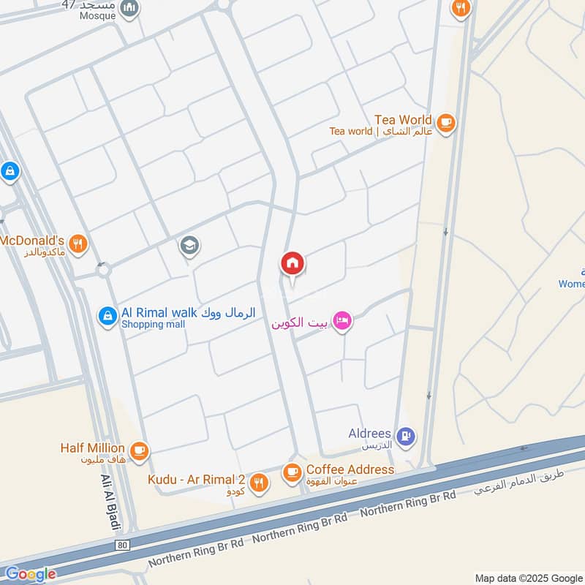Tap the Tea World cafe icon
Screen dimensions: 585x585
(447, 122)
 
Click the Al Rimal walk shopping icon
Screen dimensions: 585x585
(107, 316)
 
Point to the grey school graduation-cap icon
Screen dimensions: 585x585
(189, 246)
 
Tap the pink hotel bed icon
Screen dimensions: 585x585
(341, 321)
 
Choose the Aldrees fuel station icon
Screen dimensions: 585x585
(407, 437)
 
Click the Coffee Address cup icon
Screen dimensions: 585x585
(292, 472)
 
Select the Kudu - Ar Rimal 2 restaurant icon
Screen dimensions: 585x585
(258, 483)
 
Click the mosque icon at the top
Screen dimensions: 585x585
(129, 8)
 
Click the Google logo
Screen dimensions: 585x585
(30, 574)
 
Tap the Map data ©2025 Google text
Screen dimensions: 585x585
(528, 577)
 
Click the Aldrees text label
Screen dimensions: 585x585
(369, 434)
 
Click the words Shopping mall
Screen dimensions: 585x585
(153, 325)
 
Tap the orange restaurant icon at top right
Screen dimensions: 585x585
(460, 8)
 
